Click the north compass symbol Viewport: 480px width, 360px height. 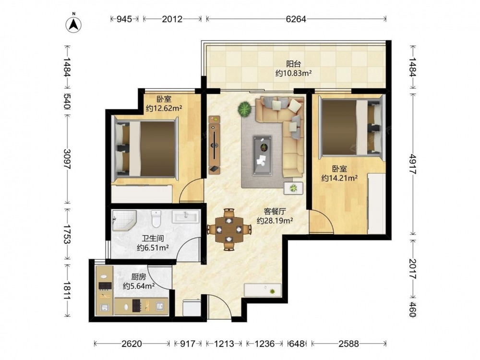[x=73, y=24]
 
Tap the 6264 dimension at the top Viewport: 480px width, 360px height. [x=296, y=19]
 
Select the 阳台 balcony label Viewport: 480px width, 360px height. [x=294, y=64]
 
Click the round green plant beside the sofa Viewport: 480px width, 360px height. [x=245, y=108]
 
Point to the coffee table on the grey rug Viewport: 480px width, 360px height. [x=263, y=156]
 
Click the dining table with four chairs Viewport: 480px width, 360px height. [x=229, y=229]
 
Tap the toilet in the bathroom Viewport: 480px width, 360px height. [x=156, y=218]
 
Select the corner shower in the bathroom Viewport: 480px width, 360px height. [x=124, y=220]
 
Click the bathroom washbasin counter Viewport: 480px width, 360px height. [x=186, y=216]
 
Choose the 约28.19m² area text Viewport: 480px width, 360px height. [x=275, y=220]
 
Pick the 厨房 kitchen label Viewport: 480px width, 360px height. [x=139, y=277]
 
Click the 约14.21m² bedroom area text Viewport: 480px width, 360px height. [x=339, y=178]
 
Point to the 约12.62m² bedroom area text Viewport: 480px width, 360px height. [x=164, y=108]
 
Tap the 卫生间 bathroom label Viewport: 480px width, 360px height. [x=153, y=238]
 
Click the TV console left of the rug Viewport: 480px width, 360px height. [x=215, y=145]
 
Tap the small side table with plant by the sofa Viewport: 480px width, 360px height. [x=293, y=188]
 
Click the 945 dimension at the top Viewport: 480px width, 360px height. [x=124, y=19]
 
